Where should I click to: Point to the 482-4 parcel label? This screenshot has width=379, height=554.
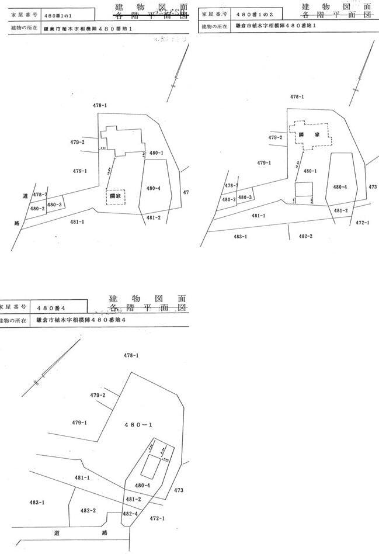130,513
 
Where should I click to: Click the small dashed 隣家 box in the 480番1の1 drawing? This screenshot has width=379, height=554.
116,196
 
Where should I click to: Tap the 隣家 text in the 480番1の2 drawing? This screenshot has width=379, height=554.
309,134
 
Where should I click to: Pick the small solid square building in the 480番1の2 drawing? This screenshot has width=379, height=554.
303,189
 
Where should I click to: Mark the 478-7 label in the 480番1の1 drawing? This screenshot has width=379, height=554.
40,194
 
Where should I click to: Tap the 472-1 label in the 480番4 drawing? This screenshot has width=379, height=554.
158,518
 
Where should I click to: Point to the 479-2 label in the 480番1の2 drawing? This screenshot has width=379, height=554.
276,137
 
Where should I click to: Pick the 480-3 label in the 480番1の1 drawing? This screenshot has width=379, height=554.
54,205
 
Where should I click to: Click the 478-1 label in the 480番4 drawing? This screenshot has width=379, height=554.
131,355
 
